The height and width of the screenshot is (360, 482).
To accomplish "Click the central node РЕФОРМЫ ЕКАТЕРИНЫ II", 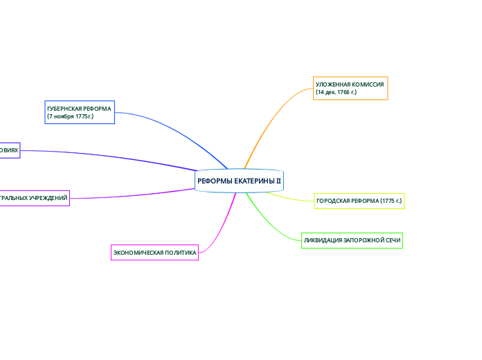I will pos(239,181).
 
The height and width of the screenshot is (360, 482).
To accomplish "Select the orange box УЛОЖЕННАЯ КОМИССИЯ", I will pos(350,88).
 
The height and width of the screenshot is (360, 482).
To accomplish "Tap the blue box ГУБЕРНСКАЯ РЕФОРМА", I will pos(79,112).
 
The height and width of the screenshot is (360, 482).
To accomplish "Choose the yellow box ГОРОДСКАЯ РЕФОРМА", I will pos(359,201).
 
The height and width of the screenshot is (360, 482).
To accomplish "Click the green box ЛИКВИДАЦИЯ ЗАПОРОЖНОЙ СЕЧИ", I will pos(352,241).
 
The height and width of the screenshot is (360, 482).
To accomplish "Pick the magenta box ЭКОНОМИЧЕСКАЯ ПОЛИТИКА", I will pos(155,253).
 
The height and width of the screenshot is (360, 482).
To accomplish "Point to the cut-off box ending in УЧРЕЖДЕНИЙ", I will pos(35,198).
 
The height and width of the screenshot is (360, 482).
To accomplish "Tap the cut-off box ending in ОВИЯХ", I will pos(10,150).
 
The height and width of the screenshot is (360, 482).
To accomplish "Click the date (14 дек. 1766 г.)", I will pos(337,92).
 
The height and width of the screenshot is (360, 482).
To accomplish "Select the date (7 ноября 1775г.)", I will pos(70,116).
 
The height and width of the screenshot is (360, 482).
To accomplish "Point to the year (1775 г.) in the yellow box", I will pos(391,201).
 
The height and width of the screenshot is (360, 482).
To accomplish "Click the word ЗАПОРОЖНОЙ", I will pos(357,241).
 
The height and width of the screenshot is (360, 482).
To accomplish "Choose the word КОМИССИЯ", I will pos(368,84).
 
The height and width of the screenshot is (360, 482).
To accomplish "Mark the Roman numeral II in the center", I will pos(278,181).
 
